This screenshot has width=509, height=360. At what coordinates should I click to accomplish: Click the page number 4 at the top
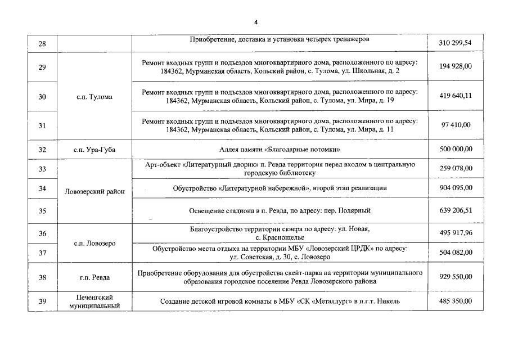tap(255, 22)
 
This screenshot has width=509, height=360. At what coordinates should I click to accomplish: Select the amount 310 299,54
tap(455, 43)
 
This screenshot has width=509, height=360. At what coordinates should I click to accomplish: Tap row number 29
tap(42, 67)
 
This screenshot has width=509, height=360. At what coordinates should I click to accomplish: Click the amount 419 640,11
tap(455, 96)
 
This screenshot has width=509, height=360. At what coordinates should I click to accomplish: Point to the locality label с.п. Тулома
tap(94, 97)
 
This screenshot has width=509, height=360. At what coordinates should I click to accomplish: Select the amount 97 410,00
tap(455, 125)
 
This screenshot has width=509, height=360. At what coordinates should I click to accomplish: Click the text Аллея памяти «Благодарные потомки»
tap(280, 149)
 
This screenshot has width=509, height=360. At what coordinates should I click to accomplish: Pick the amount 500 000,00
tap(455, 149)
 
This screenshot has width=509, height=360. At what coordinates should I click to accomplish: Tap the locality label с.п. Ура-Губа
tap(94, 149)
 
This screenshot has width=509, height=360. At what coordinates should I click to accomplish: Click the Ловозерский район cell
tap(94, 192)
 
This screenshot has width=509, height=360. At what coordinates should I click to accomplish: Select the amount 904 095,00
tap(455, 188)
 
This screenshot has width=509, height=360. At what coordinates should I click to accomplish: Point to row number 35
tap(42, 211)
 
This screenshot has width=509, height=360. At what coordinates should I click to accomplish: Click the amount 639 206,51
tap(455, 211)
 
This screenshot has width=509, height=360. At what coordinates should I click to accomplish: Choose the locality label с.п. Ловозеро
tap(94, 244)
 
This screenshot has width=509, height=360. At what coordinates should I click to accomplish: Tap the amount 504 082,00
tap(455, 253)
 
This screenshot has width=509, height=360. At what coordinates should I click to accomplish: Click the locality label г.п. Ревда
tap(94, 277)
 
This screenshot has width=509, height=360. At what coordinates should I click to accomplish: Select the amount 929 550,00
tap(455, 277)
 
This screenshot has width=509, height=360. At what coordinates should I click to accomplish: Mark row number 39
tap(42, 301)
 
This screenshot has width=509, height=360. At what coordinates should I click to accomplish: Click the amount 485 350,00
tap(455, 301)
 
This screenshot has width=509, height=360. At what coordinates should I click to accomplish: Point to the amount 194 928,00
tap(455, 66)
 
